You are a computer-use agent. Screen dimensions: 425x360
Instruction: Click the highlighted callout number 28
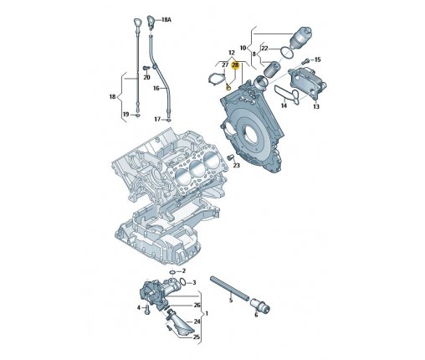click(236, 65)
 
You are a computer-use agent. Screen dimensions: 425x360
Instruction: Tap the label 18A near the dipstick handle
click(166, 20)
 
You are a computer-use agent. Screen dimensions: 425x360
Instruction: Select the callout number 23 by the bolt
click(237, 166)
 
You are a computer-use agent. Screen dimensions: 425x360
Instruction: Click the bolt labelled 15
click(306, 60)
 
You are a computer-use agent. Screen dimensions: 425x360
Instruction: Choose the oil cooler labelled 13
click(307, 82)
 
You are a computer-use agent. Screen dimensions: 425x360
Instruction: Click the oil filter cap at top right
click(301, 38)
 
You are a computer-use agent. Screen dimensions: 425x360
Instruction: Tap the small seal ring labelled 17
click(169, 120)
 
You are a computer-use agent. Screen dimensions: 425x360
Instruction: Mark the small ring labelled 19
click(137, 115)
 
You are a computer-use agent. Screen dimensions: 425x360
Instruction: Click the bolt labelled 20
click(146, 68)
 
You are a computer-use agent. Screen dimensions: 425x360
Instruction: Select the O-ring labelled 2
click(172, 272)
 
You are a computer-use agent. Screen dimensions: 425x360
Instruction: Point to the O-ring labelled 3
click(183, 281)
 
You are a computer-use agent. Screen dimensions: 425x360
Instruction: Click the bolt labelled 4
click(147, 310)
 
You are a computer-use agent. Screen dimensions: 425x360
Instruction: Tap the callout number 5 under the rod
click(231, 301)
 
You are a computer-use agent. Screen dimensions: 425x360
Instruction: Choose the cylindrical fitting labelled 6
click(260, 305)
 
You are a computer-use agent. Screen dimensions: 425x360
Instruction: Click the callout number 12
click(232, 53)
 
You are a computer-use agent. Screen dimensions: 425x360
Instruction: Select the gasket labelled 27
click(217, 80)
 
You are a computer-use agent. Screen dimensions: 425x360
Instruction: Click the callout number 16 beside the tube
click(156, 88)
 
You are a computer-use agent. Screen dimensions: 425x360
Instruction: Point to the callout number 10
click(243, 48)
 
